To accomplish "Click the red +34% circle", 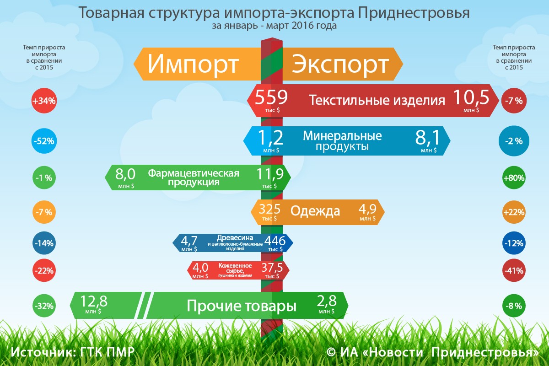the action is pyautogui.click(x=44, y=101).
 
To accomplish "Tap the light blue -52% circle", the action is pyautogui.click(x=44, y=141).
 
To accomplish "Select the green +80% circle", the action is pyautogui.click(x=514, y=178).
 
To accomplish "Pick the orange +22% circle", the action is pyautogui.click(x=514, y=212).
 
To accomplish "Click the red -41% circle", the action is pyautogui.click(x=514, y=270).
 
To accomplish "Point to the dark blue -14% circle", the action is pyautogui.click(x=44, y=243).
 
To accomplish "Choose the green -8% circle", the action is pyautogui.click(x=514, y=306).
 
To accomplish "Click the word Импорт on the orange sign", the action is pyautogui.click(x=193, y=64).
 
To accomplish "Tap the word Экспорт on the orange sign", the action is pyautogui.click(x=340, y=64).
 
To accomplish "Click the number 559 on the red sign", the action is pyautogui.click(x=271, y=97).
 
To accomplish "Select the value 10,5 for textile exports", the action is pyautogui.click(x=471, y=97).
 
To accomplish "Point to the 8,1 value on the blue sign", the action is pyautogui.click(x=427, y=137).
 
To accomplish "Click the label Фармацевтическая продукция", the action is pyautogui.click(x=194, y=178).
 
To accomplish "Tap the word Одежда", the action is pyautogui.click(x=315, y=211).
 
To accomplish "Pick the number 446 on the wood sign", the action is pyautogui.click(x=275, y=241).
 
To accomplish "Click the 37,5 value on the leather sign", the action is pyautogui.click(x=272, y=268).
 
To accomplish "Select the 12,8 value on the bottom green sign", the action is pyautogui.click(x=94, y=301).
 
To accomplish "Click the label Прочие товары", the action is pyautogui.click(x=242, y=306).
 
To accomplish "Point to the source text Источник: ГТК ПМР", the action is pyautogui.click(x=73, y=352).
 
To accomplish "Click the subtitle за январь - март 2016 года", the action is pyautogui.click(x=274, y=26).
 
